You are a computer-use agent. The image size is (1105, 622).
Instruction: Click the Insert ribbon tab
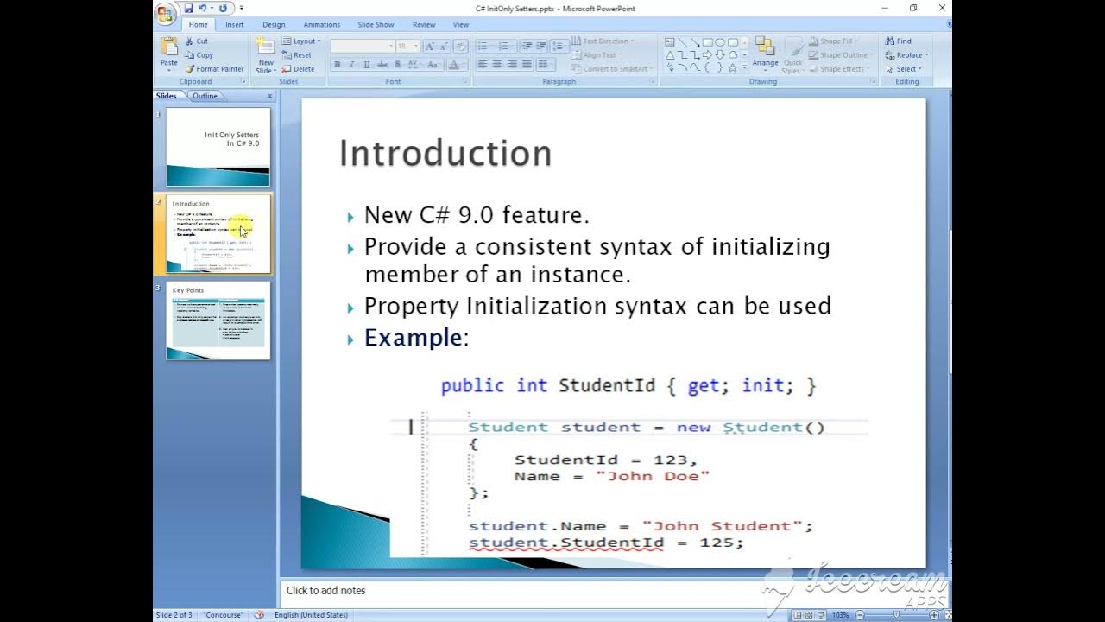[235, 25]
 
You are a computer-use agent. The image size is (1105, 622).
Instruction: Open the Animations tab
[322, 25]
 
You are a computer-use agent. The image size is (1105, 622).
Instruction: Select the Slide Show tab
[376, 25]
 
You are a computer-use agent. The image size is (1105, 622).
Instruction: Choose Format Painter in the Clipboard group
[215, 69]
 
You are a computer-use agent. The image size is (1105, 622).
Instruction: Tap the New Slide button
[266, 55]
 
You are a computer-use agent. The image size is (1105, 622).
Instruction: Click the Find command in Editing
[899, 41]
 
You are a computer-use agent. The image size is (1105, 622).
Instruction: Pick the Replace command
[904, 55]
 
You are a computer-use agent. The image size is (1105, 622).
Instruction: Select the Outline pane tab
[205, 96]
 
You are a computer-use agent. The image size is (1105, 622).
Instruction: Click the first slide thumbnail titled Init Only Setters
[218, 146]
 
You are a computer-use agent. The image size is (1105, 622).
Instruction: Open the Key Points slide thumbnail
[218, 321]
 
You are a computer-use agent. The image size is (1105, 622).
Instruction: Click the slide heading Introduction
[445, 153]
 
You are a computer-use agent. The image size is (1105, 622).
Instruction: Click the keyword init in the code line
[762, 385]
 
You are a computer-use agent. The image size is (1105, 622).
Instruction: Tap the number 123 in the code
[673, 460]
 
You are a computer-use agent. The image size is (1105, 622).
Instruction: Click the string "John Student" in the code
[727, 525]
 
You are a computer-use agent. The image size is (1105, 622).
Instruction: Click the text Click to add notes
[325, 591]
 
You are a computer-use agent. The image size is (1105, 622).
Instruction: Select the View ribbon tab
[461, 25]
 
